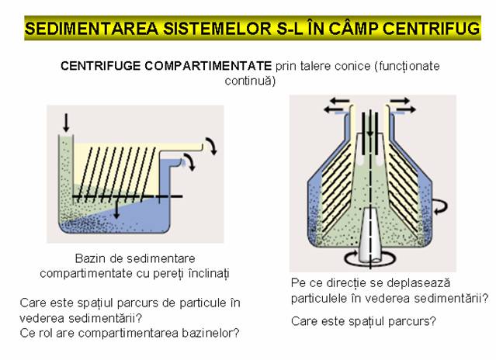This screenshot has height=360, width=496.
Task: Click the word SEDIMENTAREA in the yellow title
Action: tap(92, 29)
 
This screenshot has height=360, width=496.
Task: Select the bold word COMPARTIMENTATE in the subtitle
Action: tap(208, 66)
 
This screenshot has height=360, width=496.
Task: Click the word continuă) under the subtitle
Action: tap(250, 81)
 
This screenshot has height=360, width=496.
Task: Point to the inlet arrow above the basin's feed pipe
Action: tap(66, 123)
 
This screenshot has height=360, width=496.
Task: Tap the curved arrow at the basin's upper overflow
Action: tap(212, 146)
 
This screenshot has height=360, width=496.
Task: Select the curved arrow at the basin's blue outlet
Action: tap(190, 161)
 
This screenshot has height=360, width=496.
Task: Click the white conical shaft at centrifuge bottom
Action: tap(371, 235)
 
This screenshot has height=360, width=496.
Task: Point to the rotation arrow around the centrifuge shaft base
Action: tap(369, 260)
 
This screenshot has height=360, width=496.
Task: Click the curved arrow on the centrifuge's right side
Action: tap(440, 206)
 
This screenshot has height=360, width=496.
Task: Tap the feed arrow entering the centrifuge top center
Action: tap(369, 124)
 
